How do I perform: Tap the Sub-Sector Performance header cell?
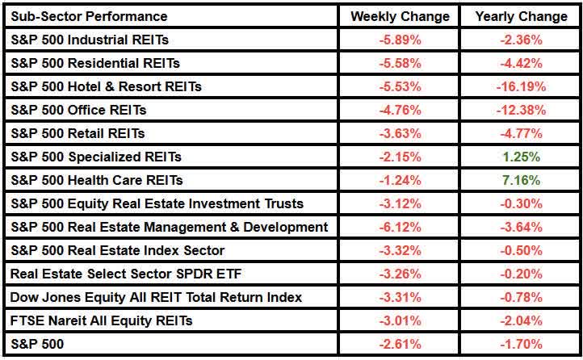tap(90, 16)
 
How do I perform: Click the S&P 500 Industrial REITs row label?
tap(90, 40)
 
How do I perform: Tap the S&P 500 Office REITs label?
tap(79, 110)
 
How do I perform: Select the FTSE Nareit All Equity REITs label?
tap(102, 320)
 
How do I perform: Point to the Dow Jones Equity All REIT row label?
tap(157, 297)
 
